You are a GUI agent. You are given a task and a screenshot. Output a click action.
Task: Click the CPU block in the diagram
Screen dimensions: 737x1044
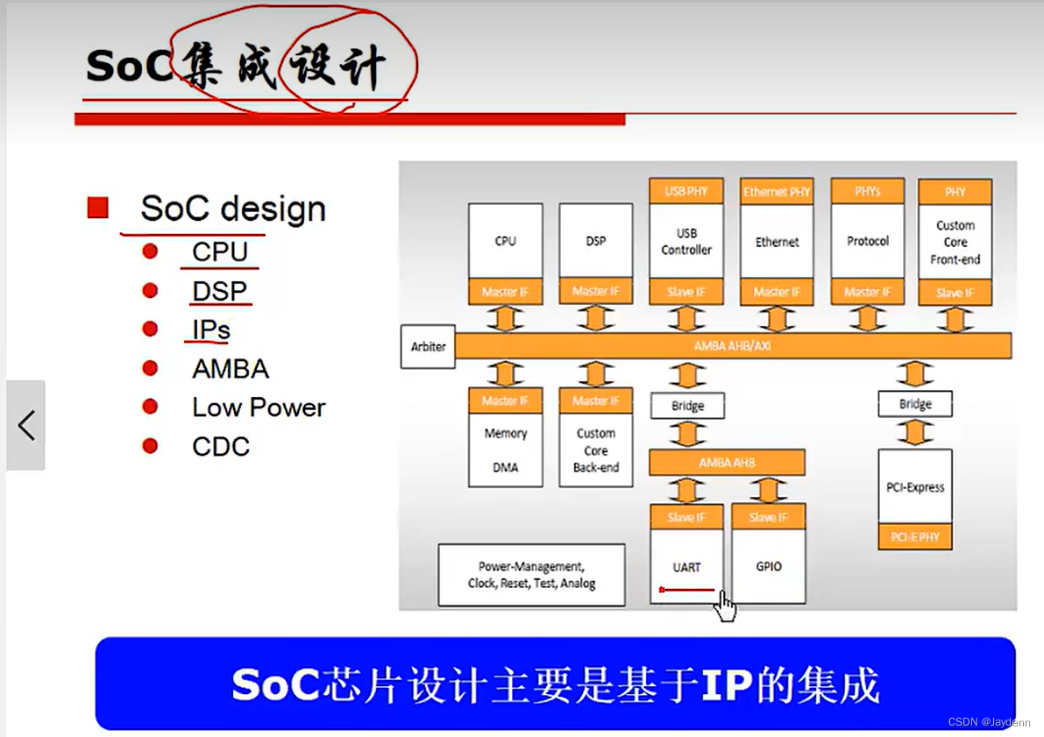[505, 241]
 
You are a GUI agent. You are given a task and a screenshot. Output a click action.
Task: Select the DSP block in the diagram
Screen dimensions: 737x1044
[595, 241]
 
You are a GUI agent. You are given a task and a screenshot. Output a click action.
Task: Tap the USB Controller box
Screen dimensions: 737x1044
[686, 242]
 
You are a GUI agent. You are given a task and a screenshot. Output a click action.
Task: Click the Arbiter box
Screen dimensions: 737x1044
[428, 346]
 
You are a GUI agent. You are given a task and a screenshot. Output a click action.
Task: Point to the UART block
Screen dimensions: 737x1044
[686, 566]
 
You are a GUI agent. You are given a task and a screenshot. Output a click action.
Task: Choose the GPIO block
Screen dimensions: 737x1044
[768, 566]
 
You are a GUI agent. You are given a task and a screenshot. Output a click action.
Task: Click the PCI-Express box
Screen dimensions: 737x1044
[914, 487]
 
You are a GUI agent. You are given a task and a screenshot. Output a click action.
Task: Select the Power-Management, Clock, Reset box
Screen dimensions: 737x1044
[531, 575]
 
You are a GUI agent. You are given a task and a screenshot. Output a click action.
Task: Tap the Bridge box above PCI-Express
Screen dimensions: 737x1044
[914, 404]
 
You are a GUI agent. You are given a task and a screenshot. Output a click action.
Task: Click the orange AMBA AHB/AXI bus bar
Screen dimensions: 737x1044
[733, 346]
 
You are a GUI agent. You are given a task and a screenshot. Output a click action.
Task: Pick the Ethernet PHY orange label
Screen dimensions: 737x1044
[777, 191]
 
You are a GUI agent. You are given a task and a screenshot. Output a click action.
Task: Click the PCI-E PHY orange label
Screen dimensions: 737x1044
[914, 536]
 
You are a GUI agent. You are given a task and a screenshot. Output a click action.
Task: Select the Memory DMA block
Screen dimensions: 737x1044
[505, 450]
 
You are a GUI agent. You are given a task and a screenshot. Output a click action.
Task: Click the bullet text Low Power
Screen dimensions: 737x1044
[259, 407]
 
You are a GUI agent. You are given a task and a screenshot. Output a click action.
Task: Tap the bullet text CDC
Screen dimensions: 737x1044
[221, 446]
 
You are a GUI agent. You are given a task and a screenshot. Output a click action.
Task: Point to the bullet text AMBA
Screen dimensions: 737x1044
[231, 369]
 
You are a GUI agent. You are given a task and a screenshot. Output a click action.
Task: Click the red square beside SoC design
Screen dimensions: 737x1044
[97, 209]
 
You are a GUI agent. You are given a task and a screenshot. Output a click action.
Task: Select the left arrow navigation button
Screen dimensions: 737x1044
[26, 425]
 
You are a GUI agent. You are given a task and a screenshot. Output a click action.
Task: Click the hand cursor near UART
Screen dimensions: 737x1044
[724, 606]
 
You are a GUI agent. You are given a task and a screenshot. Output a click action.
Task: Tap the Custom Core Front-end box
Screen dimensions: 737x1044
[955, 242]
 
